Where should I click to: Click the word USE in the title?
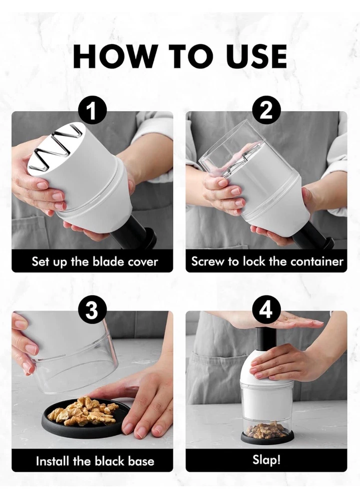point(255,57)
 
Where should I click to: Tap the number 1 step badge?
point(92,111)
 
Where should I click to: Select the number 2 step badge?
point(266,111)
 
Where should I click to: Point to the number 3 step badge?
point(92,310)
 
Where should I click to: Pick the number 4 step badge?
point(266,310)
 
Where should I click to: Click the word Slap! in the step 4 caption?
point(266,460)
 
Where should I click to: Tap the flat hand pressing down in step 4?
point(275,321)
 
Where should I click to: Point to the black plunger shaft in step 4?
point(266,339)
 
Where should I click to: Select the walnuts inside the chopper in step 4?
point(267,430)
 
